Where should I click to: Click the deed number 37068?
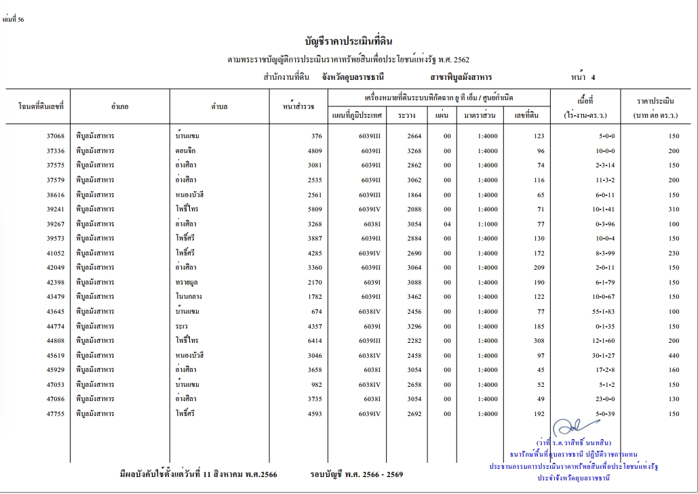pyautogui.click(x=55, y=136)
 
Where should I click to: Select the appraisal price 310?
pyautogui.click(x=673, y=209)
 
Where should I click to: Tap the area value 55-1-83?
pyautogui.click(x=586, y=311)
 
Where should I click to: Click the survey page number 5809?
pyautogui.click(x=312, y=209)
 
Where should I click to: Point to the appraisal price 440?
pyautogui.click(x=673, y=355)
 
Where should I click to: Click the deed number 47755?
pyautogui.click(x=55, y=413)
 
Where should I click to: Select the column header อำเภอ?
pyautogui.click(x=120, y=107)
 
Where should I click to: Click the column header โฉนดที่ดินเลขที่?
pyautogui.click(x=40, y=107)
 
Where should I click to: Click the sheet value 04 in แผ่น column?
pyautogui.click(x=447, y=224)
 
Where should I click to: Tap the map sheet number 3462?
pyautogui.click(x=414, y=297)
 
